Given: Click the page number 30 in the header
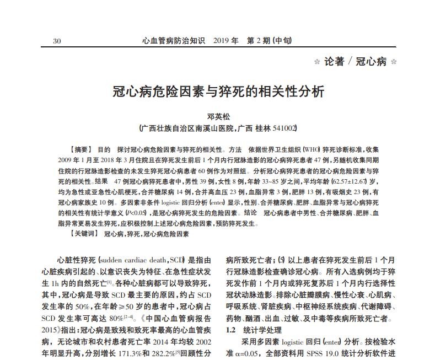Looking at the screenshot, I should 57,41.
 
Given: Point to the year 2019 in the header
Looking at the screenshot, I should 222,41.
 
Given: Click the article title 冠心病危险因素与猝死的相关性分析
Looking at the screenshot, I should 218,91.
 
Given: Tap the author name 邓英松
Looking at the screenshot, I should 217,117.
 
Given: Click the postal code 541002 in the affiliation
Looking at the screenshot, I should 285,128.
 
